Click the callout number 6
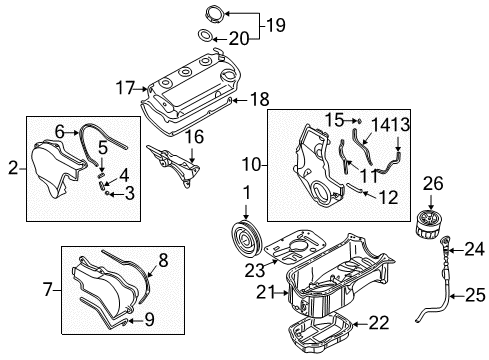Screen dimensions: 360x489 (58, 130)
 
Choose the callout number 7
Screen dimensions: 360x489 (47, 290)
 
